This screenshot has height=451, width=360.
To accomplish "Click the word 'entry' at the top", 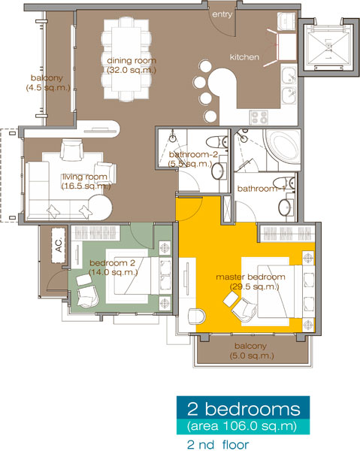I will coord(222,14).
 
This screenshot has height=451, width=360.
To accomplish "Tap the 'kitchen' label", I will coord(244,56).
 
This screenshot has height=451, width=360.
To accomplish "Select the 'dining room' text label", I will coord(129,60).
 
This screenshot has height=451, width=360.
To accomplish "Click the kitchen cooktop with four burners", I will coord(261,117).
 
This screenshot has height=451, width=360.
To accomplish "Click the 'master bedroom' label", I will coord(250,277).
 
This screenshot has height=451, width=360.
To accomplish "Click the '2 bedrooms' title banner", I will coord(244,410).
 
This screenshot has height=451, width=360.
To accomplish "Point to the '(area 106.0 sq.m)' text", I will coord(244,426).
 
